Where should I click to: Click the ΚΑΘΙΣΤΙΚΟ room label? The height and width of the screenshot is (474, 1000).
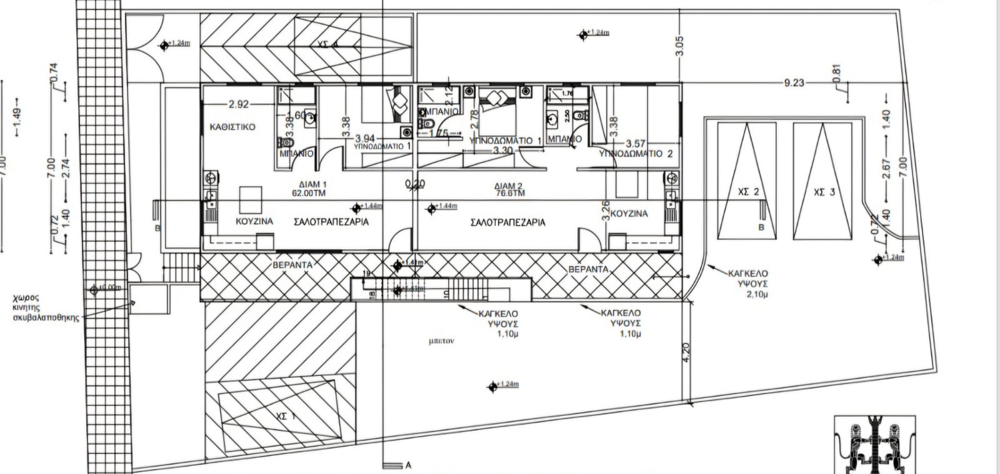233,127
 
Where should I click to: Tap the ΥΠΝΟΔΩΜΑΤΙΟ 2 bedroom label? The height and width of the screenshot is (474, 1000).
636,154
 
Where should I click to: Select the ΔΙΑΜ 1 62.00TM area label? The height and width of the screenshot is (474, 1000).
312,189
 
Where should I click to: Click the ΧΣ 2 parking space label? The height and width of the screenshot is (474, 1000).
748,192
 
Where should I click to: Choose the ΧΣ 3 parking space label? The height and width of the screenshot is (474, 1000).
824,192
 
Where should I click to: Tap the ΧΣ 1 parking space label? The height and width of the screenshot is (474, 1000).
284,415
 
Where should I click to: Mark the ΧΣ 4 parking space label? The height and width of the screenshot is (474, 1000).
327,44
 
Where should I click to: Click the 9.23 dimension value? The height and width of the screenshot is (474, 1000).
794,82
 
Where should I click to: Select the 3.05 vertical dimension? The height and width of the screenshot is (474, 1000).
680,46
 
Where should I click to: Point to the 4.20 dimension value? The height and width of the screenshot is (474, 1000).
686,353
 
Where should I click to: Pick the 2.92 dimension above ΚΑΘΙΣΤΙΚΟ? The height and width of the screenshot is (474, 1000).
239,104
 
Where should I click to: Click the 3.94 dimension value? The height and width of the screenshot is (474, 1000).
365,138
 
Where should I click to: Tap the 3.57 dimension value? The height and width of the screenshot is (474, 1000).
635,144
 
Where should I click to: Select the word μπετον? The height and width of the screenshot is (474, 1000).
441,342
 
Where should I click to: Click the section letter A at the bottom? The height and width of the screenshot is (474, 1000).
408,465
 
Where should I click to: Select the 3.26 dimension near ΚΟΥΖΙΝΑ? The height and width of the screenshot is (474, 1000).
604,211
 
